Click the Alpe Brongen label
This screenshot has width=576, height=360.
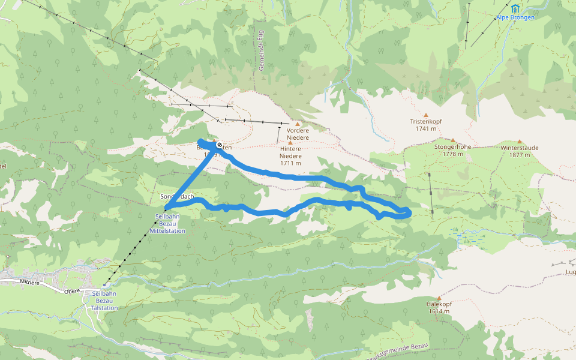click(x=515, y=17)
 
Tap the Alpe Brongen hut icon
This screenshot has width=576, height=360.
click(x=515, y=8)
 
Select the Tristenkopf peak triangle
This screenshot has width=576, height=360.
click(x=426, y=115)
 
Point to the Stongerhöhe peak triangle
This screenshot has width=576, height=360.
click(x=453, y=140)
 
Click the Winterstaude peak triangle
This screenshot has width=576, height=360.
click(x=520, y=142)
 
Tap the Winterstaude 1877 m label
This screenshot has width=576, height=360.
click(x=520, y=151)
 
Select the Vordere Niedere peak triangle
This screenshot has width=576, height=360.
click(x=297, y=124)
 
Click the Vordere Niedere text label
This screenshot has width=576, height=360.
click(x=298, y=134)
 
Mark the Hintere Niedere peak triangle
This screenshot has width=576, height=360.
click(x=290, y=143)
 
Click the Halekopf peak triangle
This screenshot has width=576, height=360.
click(x=439, y=298)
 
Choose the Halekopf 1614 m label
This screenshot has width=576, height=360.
click(x=439, y=308)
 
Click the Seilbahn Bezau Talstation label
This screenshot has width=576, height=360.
click(x=100, y=300)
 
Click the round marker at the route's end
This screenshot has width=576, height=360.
click(x=220, y=145)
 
